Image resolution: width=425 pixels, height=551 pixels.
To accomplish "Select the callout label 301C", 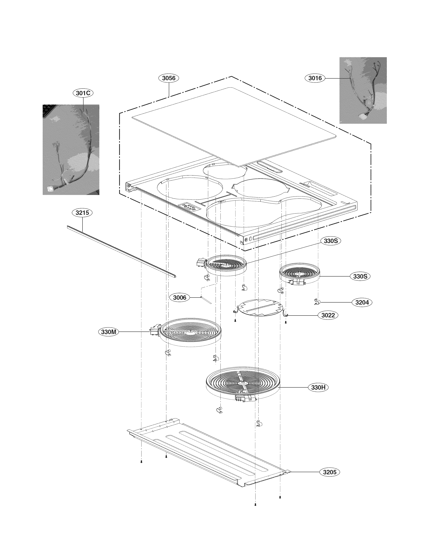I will (x=83, y=93).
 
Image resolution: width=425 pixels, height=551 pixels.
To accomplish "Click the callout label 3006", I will (x=179, y=298).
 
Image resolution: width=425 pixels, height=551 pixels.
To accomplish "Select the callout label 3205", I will (x=330, y=472).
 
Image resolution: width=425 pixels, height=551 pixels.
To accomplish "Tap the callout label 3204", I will (x=362, y=302).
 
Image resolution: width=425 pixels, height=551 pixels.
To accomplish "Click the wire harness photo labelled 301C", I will (x=71, y=150).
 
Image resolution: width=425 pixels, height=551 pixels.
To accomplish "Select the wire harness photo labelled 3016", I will (x=363, y=90).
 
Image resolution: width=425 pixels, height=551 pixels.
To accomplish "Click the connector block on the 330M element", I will (x=154, y=331).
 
